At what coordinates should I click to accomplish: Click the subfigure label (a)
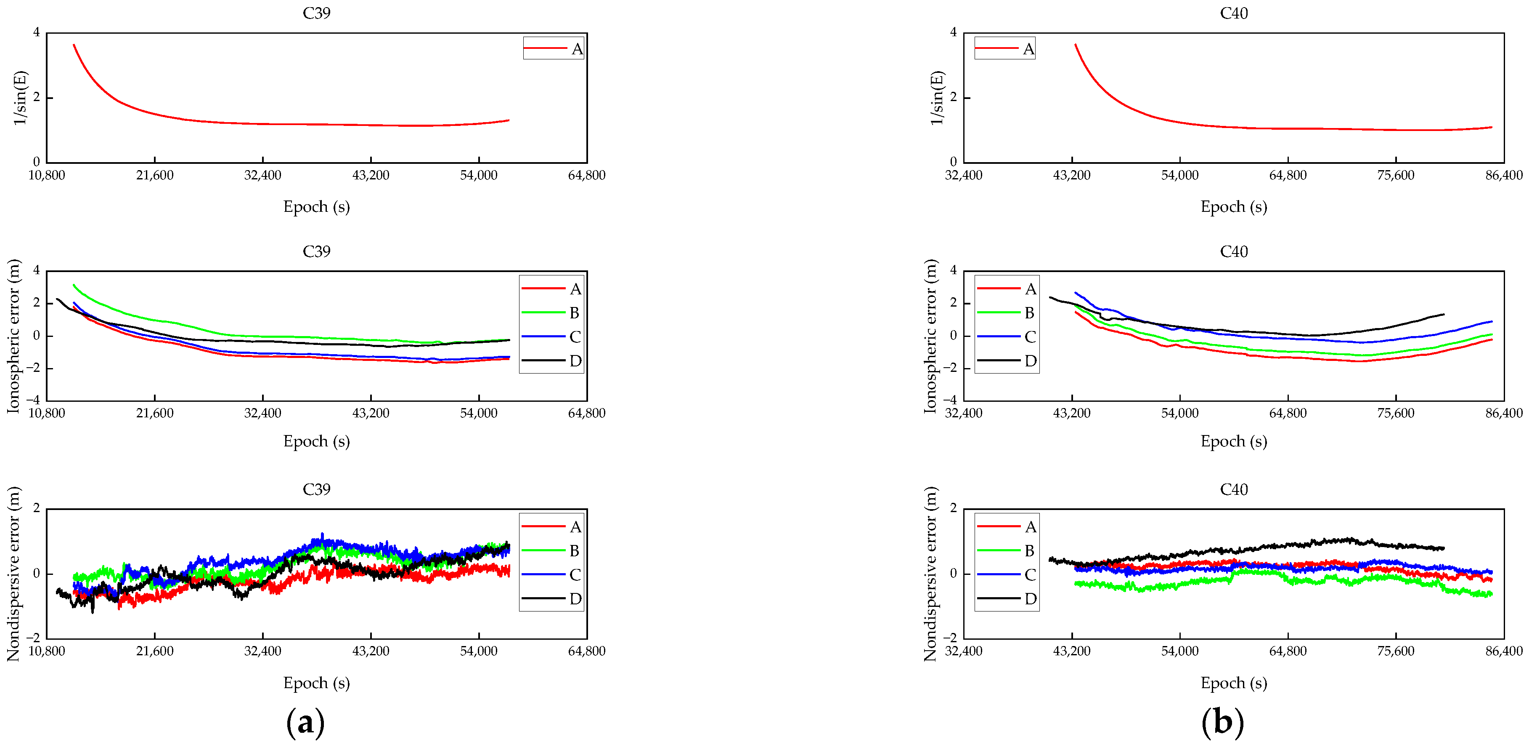click(x=305, y=722)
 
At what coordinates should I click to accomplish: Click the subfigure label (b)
click(x=1222, y=722)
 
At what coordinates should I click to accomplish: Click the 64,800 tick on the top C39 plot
click(x=586, y=175)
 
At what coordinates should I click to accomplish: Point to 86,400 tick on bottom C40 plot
click(x=1503, y=651)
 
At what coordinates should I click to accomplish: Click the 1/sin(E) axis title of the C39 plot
click(x=20, y=98)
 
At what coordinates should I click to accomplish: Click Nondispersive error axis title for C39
click(x=13, y=574)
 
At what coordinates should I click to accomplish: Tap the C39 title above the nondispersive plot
click(x=316, y=489)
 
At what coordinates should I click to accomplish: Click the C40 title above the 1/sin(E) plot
click(x=1233, y=13)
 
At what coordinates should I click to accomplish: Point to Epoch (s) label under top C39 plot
click(x=316, y=207)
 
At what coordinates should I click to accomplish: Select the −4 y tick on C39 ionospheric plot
click(x=36, y=400)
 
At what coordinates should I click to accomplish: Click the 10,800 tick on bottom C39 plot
click(x=46, y=651)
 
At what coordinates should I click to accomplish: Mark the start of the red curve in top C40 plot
click(x=1076, y=45)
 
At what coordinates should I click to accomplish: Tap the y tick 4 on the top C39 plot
click(x=37, y=32)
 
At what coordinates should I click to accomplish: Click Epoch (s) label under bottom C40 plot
click(x=1233, y=683)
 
